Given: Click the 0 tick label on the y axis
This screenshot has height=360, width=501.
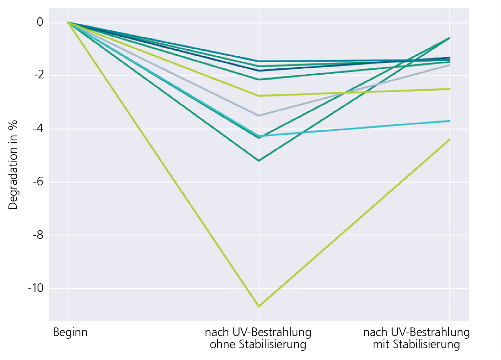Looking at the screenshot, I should (40, 22).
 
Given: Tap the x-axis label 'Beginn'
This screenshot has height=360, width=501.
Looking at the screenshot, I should (70, 333).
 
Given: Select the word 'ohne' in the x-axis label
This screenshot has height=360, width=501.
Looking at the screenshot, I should (222, 345).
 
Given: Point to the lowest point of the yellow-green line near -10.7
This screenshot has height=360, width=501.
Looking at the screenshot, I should (259, 307).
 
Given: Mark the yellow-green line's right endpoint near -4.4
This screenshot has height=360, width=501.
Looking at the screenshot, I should (450, 139).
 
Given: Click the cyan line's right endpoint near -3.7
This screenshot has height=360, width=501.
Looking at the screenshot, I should (450, 121).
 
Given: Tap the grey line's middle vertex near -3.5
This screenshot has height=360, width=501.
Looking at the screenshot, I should (259, 116).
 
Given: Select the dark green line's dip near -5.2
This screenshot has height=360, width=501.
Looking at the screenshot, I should (259, 161).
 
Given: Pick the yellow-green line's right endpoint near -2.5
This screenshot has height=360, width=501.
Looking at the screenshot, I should (450, 89).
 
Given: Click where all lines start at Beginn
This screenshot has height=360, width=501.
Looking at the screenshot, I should (68, 23).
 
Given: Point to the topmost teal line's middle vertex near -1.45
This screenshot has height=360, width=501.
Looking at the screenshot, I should (259, 61).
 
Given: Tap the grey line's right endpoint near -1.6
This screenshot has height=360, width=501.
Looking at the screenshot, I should (450, 65).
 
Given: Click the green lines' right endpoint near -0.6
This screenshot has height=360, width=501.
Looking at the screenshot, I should (450, 38).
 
